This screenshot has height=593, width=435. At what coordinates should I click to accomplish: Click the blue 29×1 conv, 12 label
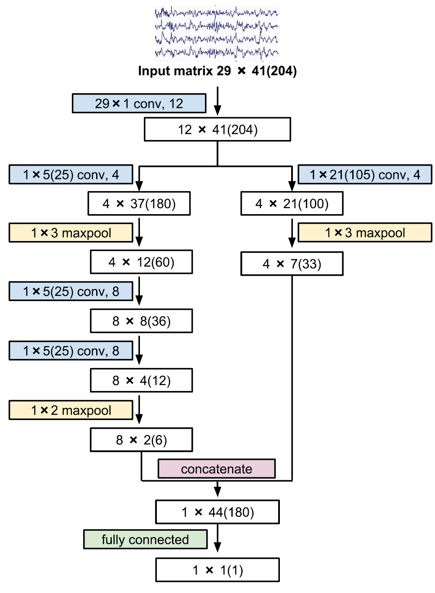(139, 104)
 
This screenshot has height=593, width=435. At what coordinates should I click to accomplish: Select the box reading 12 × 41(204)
(217, 130)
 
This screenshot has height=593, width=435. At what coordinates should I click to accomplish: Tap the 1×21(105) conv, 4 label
(365, 175)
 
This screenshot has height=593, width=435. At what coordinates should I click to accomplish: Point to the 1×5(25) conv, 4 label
(71, 175)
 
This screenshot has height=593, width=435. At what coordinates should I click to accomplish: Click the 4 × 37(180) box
(139, 204)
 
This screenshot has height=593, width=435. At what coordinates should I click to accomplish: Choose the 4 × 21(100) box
(292, 204)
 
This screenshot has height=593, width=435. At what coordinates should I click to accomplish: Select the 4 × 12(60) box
(141, 262)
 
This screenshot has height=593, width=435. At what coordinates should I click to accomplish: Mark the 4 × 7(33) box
(292, 264)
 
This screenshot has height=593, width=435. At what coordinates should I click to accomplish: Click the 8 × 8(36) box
(141, 321)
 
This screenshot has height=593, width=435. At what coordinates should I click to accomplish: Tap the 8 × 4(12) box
(141, 381)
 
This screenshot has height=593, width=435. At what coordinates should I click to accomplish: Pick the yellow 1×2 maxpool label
(71, 410)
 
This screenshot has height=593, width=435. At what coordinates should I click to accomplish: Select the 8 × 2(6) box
(141, 440)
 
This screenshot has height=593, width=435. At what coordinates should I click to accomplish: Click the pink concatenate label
(216, 469)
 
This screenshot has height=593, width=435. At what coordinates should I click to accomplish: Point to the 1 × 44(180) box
(217, 512)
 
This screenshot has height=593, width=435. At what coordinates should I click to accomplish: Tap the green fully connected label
(145, 540)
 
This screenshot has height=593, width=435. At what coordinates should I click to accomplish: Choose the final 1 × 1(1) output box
(217, 570)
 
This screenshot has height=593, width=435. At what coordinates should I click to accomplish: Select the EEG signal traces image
(216, 33)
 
